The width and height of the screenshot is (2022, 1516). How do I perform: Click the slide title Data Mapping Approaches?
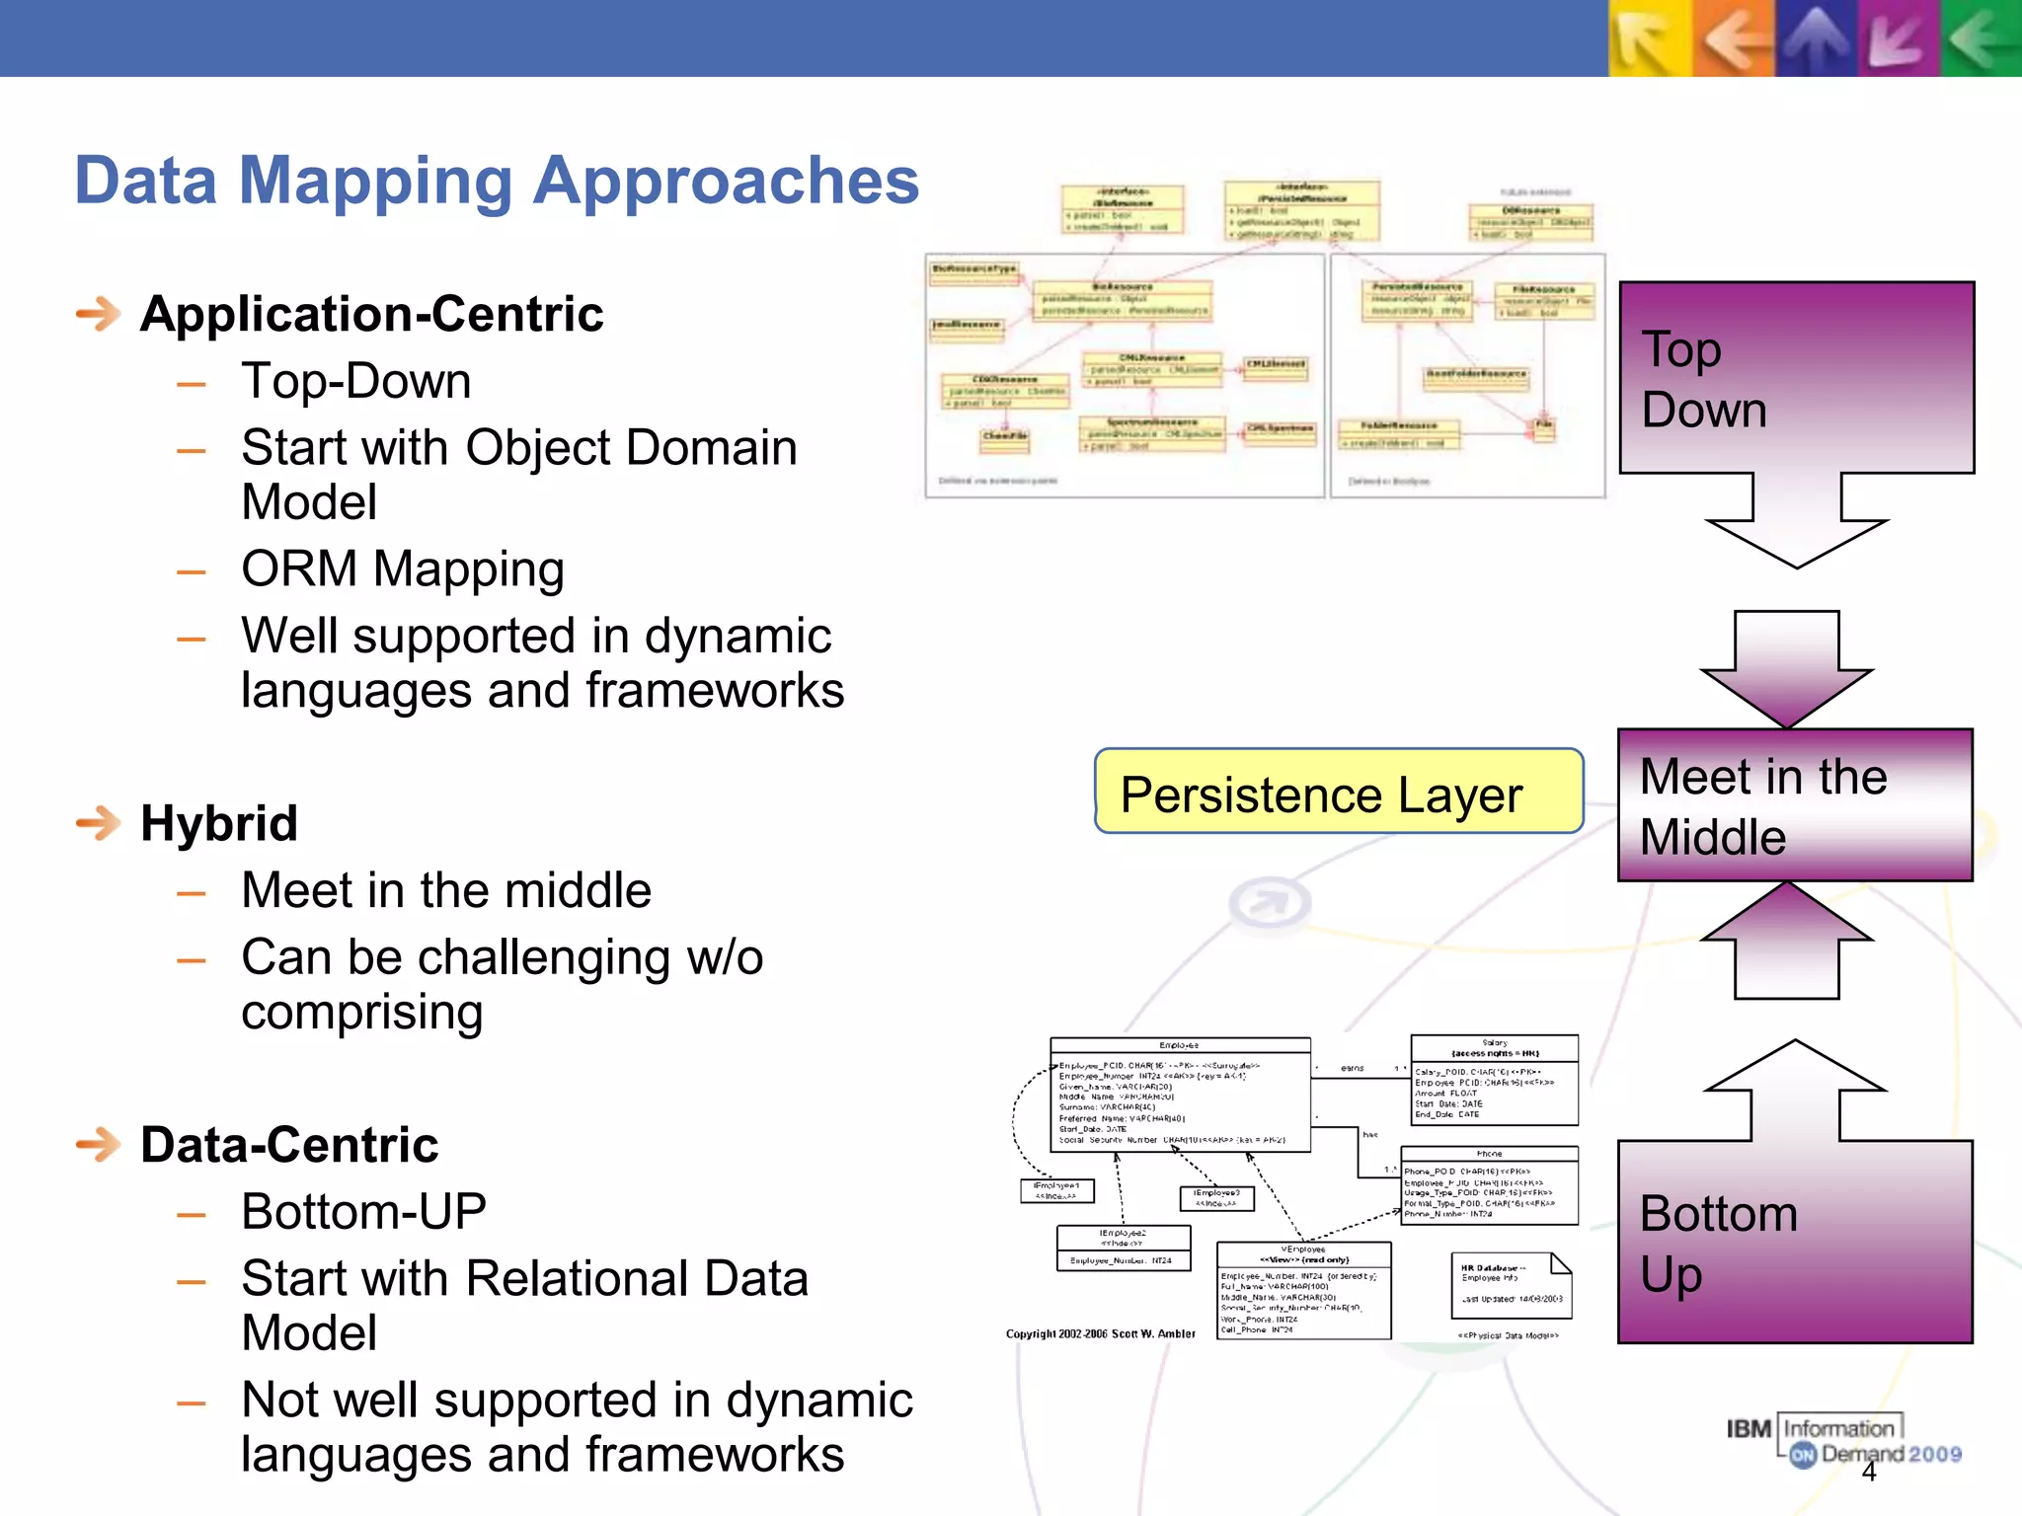(x=497, y=182)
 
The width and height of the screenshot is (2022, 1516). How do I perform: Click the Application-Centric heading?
(x=371, y=315)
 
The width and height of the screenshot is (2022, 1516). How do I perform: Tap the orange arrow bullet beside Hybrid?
(x=98, y=823)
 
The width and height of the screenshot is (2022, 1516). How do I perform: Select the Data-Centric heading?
(x=288, y=1145)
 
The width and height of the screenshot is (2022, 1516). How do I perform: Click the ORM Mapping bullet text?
(x=402, y=569)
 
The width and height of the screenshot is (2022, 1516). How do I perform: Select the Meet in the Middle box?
(x=1794, y=805)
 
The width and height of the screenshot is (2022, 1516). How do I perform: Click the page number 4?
(x=1868, y=1473)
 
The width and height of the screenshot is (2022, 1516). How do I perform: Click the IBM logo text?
(x=1749, y=1429)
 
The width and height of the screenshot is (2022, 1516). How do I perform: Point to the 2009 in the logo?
(x=1934, y=1454)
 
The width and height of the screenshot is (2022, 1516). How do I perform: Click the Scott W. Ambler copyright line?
(x=1100, y=1334)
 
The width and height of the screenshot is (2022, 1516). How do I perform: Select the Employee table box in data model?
(x=1180, y=1094)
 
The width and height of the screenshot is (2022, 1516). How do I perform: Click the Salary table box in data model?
(x=1494, y=1080)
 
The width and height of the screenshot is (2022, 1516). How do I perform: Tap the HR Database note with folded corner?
(x=1510, y=1285)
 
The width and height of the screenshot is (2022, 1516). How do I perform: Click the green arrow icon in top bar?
(x=1982, y=38)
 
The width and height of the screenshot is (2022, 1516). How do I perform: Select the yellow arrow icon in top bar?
(x=1649, y=38)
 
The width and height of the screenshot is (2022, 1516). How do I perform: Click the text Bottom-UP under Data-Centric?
(x=363, y=1212)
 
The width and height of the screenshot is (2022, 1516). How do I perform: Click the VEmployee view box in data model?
(x=1303, y=1290)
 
